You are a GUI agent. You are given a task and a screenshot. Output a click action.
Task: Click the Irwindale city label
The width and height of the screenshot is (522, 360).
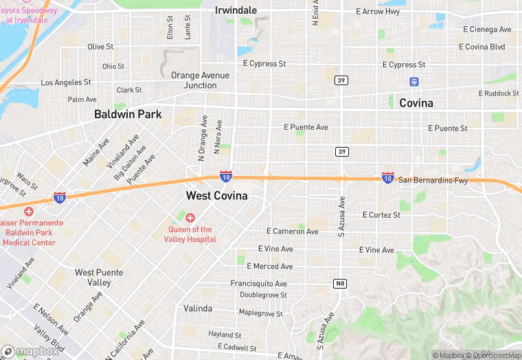(236, 10)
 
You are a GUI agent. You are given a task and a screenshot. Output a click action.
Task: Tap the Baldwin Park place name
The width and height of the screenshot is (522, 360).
(128, 114)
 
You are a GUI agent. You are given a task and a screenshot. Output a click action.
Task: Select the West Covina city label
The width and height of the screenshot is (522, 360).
(216, 196)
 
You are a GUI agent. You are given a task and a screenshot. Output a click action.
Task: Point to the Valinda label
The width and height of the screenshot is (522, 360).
(198, 308)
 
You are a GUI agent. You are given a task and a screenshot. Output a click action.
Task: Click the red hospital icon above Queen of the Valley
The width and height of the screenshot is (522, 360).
(190, 218)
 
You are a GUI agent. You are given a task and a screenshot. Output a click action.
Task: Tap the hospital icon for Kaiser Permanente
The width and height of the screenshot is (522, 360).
(28, 211)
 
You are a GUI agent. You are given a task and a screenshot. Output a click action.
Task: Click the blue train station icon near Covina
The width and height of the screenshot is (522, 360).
(414, 81)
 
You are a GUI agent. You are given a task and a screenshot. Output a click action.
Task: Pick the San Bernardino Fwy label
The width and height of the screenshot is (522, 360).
(433, 181)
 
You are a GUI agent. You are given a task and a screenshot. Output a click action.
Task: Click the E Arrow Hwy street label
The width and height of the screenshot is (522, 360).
(378, 12)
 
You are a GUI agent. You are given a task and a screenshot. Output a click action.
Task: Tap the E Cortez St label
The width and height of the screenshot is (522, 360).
(381, 215)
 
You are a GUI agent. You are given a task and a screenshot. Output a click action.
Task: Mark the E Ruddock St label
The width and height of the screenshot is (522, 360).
(499, 93)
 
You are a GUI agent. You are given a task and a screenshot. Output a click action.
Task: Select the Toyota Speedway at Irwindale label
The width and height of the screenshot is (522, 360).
(29, 15)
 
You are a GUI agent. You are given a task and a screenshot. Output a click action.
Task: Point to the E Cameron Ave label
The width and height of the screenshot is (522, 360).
(292, 232)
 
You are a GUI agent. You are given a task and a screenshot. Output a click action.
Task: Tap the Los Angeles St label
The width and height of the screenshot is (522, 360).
(66, 82)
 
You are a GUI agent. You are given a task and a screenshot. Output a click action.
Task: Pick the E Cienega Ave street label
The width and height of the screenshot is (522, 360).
(488, 30)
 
